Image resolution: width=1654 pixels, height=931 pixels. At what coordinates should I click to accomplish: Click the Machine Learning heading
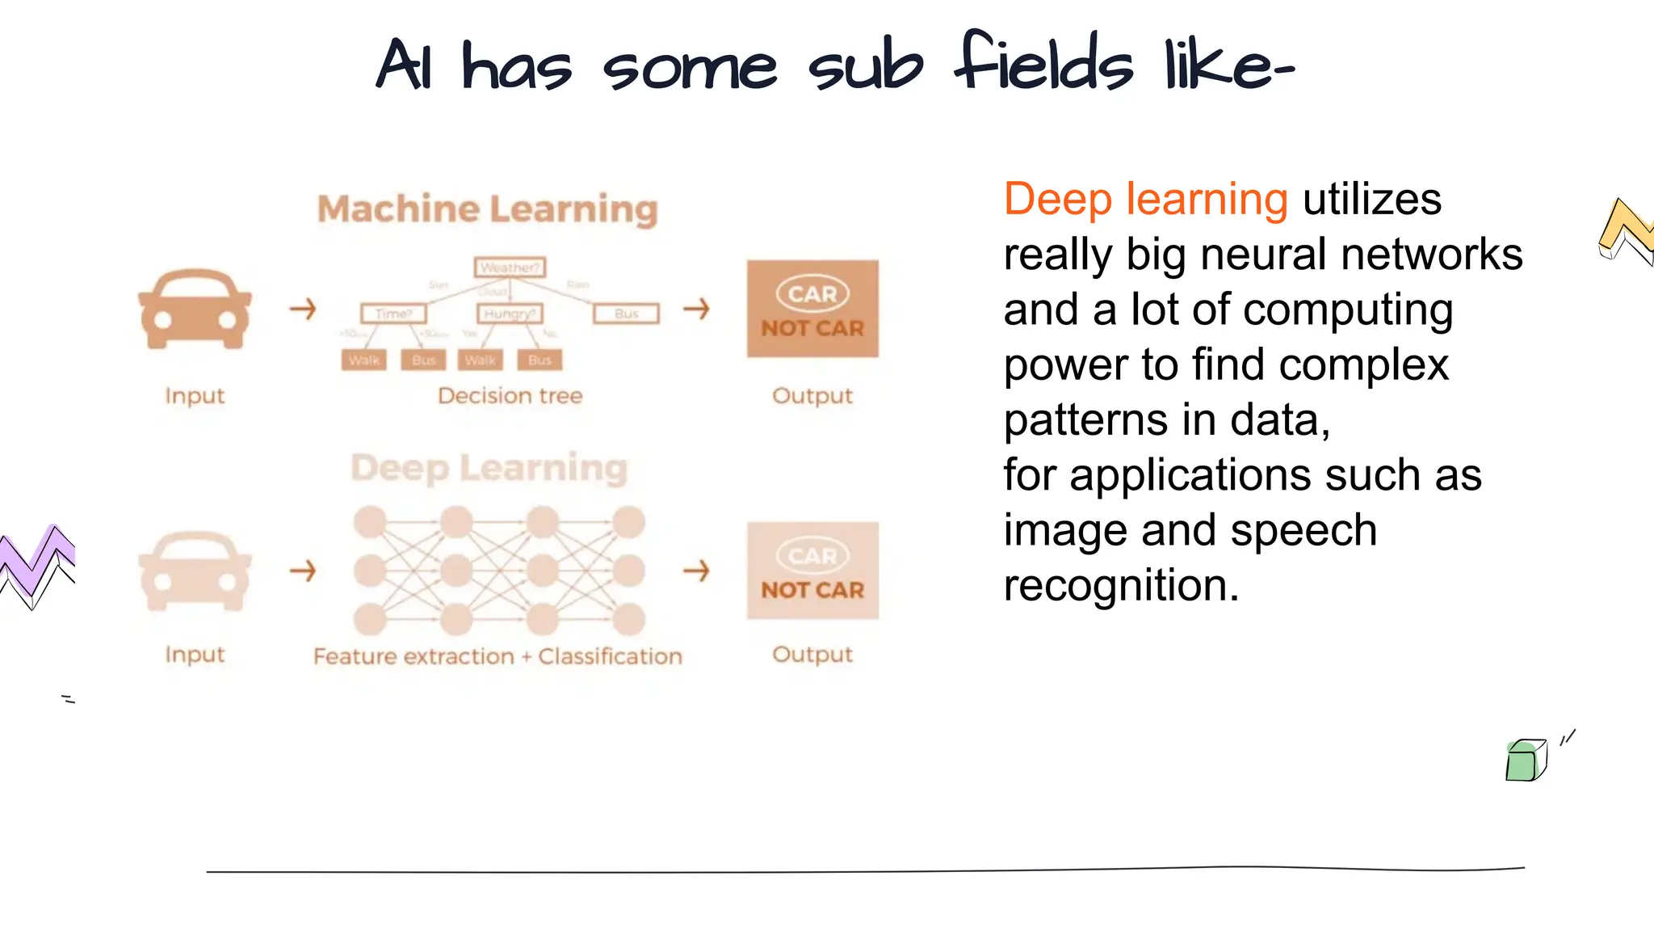pos(487,209)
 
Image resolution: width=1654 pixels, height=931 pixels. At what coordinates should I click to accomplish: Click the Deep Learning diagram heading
pos(489,468)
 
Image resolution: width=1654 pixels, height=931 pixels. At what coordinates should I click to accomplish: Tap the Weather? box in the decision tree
pos(510,268)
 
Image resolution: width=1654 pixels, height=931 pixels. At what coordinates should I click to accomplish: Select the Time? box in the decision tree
pos(393,314)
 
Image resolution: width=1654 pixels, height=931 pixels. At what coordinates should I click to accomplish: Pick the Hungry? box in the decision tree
pos(510,314)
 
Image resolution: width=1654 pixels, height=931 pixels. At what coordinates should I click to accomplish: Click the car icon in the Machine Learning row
pos(195,310)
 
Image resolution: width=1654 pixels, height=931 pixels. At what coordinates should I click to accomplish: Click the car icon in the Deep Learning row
pos(195,571)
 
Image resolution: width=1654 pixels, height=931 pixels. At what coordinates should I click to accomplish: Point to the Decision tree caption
pos(510,396)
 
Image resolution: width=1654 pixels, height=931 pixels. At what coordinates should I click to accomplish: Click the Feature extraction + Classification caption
pos(497,656)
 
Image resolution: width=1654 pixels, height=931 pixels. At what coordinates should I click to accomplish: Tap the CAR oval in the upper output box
pos(812,294)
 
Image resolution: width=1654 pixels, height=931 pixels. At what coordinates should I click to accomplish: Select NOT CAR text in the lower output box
pos(812,591)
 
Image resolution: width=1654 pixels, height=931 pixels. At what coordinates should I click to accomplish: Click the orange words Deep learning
pos(1145,200)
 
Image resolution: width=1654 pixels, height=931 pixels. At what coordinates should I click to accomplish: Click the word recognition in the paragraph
pos(1120,585)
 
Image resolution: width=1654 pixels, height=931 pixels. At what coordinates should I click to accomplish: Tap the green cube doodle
pos(1526,760)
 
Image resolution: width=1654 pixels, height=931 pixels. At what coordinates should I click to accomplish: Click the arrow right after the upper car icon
pos(303,309)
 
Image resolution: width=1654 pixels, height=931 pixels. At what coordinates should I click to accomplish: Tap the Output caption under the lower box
pos(812,655)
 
